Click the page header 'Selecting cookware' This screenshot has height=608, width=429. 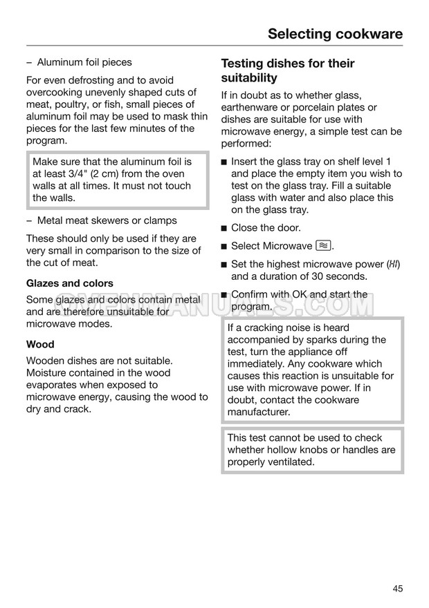pos(334,34)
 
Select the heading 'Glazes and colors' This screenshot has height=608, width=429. pos(69,283)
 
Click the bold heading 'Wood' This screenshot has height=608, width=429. pos(40,344)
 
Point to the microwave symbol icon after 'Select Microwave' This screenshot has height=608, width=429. pos(323,246)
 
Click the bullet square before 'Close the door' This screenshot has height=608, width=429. pos(224,228)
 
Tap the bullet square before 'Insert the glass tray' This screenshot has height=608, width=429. pos(224,162)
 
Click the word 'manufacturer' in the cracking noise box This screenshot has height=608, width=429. pos(259,412)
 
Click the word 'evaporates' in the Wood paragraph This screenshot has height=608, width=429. pos(52,385)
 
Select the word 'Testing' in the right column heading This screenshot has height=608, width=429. pos(243,64)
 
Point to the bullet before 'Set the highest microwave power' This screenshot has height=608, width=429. pos(224,265)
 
